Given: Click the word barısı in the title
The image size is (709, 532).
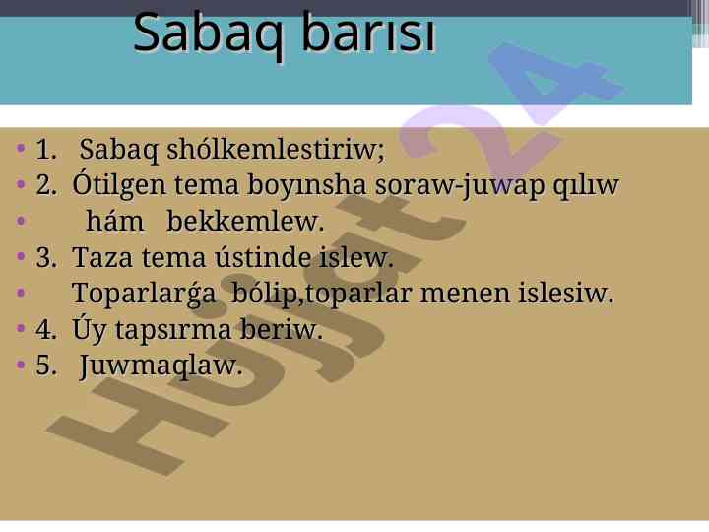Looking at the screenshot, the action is [x=368, y=32].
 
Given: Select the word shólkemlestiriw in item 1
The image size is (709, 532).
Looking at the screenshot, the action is [x=276, y=149].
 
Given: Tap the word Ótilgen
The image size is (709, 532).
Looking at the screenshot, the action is [x=119, y=184].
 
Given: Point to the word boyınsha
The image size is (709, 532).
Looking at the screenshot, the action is [x=306, y=185].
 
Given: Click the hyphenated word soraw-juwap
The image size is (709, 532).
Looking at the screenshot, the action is [x=460, y=186].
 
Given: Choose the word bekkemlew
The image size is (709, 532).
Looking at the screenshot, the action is [x=245, y=222].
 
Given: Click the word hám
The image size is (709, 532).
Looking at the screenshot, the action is [x=115, y=221].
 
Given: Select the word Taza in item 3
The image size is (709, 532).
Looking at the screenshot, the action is [x=102, y=257].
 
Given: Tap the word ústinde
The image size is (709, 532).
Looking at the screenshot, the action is [x=263, y=256].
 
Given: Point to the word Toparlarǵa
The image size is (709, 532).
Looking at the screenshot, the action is [x=144, y=294].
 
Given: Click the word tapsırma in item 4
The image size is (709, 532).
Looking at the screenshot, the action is [x=172, y=330].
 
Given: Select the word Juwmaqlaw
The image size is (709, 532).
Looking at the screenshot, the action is [x=161, y=366].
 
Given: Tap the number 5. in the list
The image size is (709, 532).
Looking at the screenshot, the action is [x=46, y=365].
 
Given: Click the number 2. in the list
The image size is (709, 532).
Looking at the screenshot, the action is [x=46, y=185].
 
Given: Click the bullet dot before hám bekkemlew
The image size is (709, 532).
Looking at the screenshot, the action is [x=21, y=221].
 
